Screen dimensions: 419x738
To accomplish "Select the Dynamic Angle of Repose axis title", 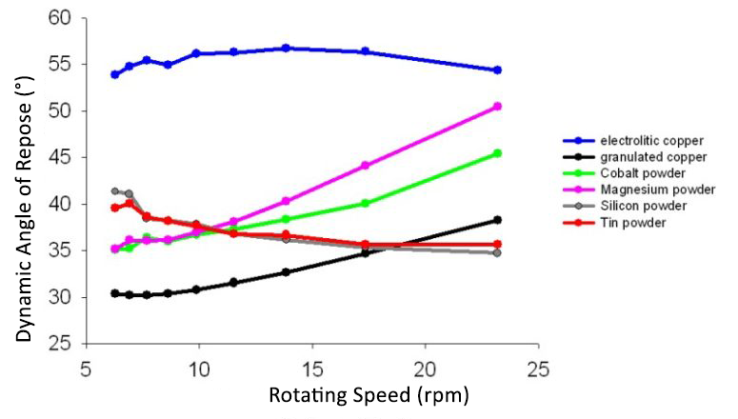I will click(x=24, y=181).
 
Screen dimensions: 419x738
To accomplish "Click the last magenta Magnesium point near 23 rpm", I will click(x=497, y=107).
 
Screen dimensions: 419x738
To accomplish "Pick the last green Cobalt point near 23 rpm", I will click(x=497, y=153).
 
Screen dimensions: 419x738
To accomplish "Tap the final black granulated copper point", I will click(x=497, y=220).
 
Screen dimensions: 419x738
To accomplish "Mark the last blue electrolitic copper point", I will click(x=497, y=70).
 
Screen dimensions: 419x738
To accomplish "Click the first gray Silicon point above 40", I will click(x=115, y=191).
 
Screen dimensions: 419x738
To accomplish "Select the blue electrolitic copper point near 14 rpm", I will click(x=286, y=48).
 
